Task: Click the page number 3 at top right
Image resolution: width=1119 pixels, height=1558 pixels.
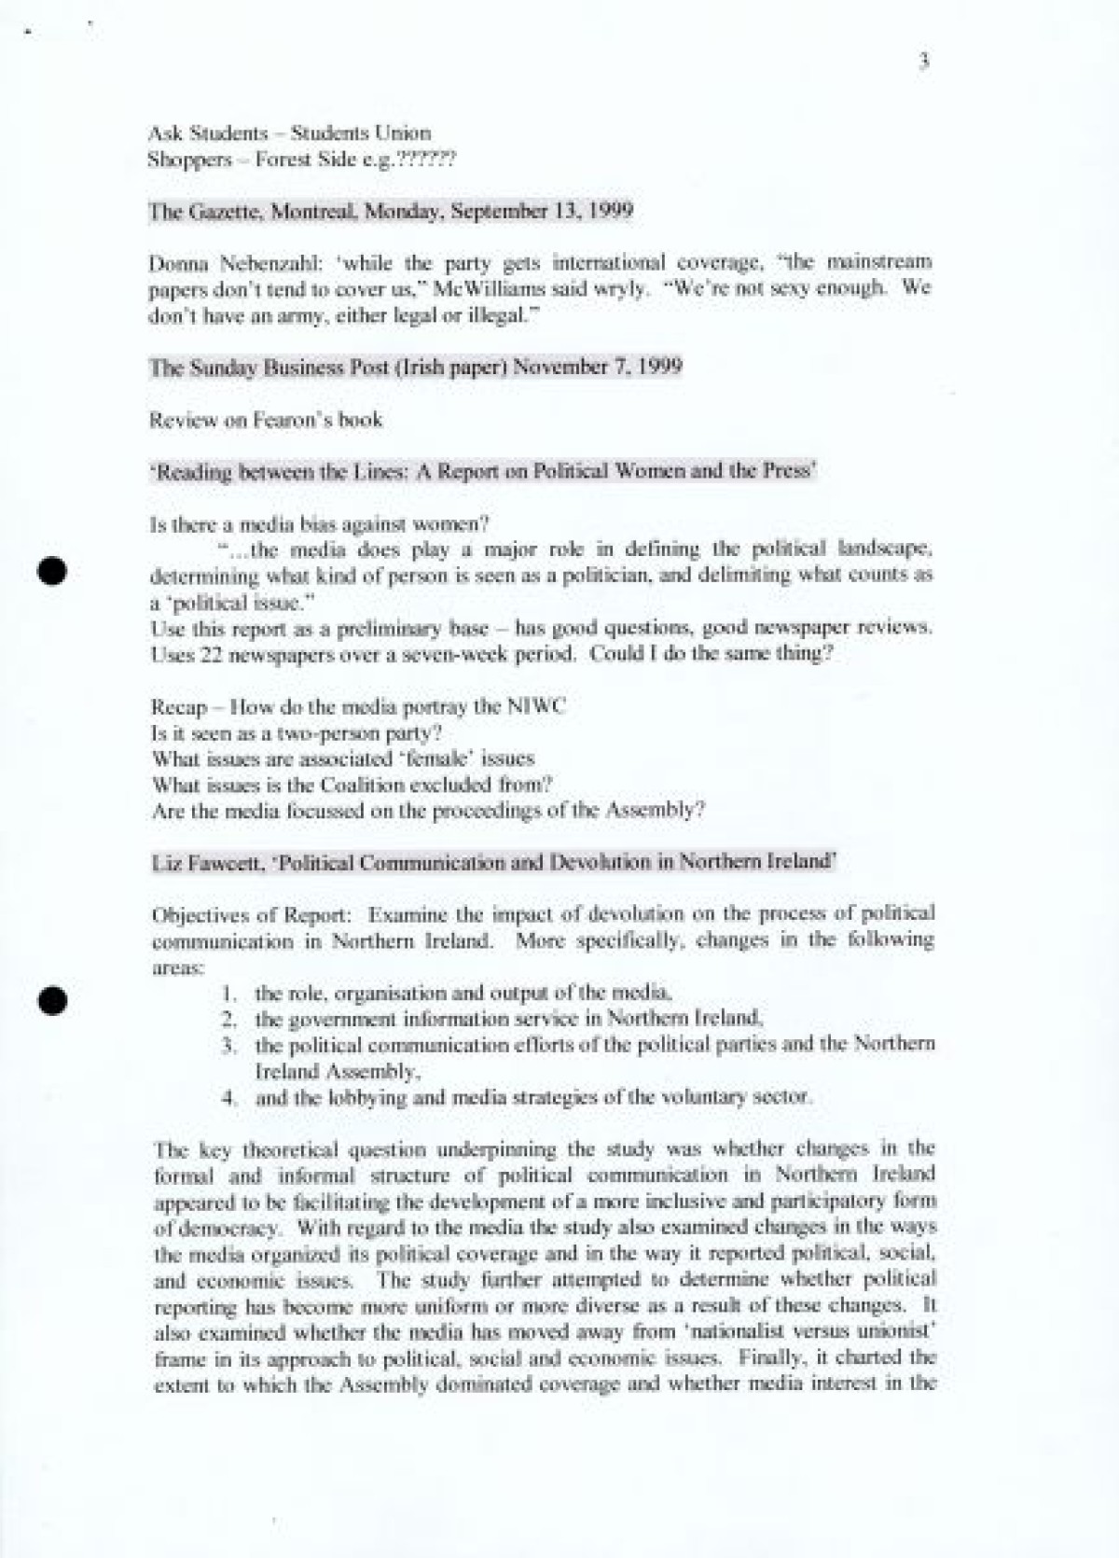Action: [924, 63]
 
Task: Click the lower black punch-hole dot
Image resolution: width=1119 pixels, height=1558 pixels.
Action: [52, 999]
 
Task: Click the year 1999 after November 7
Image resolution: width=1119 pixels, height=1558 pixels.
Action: [658, 368]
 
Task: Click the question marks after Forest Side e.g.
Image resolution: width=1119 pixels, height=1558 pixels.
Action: [426, 160]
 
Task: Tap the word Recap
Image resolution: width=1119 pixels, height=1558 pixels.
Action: [179, 706]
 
